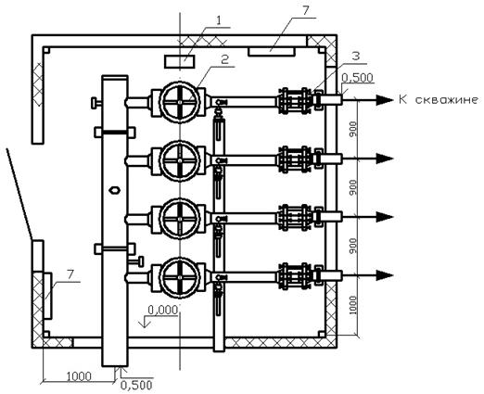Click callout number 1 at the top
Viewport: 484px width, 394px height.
click(219, 21)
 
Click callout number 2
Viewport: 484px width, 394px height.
click(224, 59)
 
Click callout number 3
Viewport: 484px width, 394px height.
click(356, 57)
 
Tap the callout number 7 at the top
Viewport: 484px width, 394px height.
click(305, 10)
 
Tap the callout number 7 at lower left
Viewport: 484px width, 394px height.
click(70, 274)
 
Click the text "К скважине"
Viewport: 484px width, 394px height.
click(439, 99)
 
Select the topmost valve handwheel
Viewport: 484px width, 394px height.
click(180, 102)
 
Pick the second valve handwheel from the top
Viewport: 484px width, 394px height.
click(180, 160)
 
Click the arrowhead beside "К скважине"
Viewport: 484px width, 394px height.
click(385, 100)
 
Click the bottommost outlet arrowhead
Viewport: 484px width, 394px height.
click(385, 275)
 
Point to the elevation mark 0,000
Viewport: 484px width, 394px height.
click(163, 310)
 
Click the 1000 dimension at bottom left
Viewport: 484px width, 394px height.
click(79, 376)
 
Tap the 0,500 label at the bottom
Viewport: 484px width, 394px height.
click(136, 385)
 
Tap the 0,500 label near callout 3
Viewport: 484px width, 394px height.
click(358, 78)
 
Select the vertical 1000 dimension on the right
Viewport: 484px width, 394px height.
click(353, 305)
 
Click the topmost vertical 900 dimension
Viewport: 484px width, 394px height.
click(353, 129)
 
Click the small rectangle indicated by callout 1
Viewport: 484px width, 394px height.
click(180, 61)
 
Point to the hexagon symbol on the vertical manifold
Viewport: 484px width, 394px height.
click(115, 190)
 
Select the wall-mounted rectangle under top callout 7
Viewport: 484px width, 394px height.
click(272, 52)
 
